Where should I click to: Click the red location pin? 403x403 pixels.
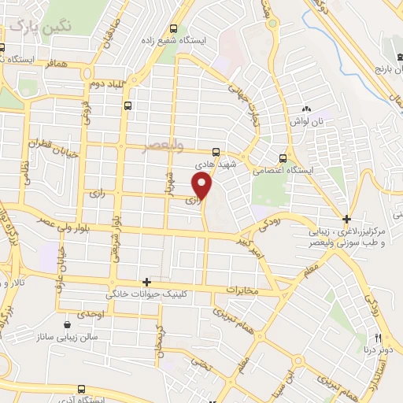[203, 187]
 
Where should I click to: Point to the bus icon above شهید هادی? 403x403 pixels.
[217, 152]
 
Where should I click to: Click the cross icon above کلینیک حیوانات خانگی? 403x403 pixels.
[146, 282]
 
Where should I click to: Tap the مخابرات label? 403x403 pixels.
[242, 290]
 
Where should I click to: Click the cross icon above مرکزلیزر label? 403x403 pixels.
[347, 218]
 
